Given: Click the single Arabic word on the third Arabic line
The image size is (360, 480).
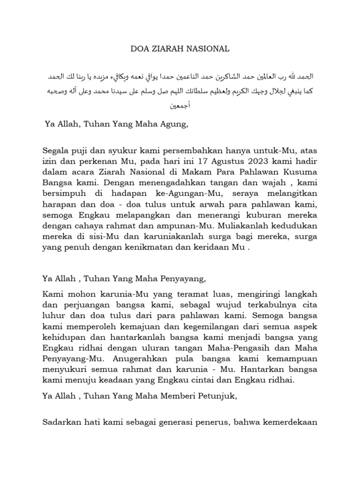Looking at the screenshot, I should click(180, 106).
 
